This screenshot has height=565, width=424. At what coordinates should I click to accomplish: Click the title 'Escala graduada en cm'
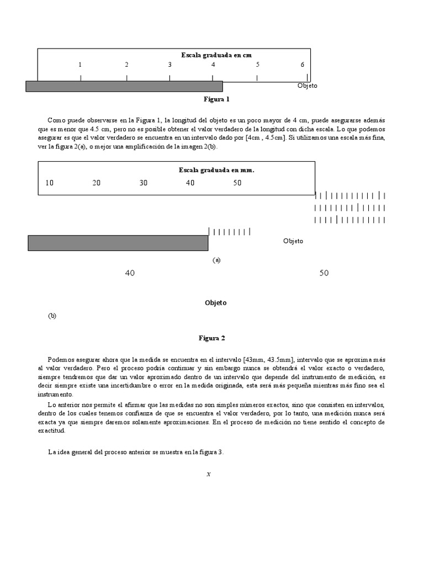pyautogui.click(x=216, y=55)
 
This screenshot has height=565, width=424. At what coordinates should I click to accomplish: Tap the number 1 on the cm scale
pyautogui.click(x=80, y=65)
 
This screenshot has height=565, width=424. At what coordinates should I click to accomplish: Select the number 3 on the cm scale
pyautogui.click(x=169, y=65)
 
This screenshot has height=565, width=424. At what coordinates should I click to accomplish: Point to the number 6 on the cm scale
pyautogui.click(x=303, y=65)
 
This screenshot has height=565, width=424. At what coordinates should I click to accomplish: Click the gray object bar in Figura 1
pyautogui.click(x=124, y=86)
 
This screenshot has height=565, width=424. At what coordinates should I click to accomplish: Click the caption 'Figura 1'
pyautogui.click(x=216, y=99)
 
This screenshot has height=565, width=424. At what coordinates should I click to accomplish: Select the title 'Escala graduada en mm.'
pyautogui.click(x=216, y=170)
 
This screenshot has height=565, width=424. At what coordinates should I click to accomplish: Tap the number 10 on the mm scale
pyautogui.click(x=50, y=183)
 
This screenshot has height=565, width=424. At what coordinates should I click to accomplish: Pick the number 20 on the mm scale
pyautogui.click(x=97, y=183)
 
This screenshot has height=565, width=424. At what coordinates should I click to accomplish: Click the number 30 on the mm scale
pyautogui.click(x=144, y=183)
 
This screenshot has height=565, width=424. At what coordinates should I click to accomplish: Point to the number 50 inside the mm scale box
pyautogui.click(x=237, y=183)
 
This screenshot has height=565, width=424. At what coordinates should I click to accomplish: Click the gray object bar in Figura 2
pyautogui.click(x=118, y=243)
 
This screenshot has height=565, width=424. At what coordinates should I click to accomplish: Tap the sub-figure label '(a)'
pyautogui.click(x=216, y=260)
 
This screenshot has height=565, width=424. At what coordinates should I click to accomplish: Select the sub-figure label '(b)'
pyautogui.click(x=52, y=316)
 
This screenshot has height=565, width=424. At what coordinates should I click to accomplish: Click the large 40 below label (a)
pyautogui.click(x=130, y=273)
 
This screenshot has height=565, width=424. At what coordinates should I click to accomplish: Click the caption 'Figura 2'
pyautogui.click(x=212, y=338)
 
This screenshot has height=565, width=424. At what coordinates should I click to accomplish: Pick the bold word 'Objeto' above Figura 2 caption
pyautogui.click(x=216, y=303)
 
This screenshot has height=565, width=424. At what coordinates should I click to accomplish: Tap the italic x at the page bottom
pyautogui.click(x=209, y=473)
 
